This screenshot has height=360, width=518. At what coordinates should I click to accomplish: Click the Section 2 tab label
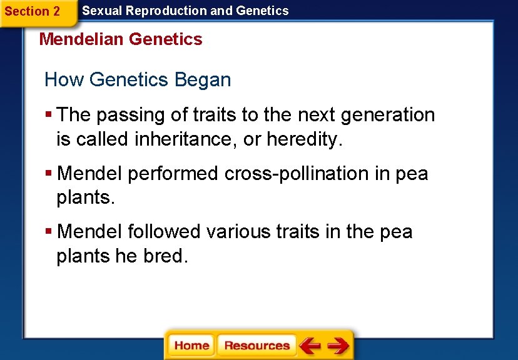[x=33, y=11]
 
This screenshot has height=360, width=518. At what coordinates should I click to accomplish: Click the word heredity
[x=305, y=139]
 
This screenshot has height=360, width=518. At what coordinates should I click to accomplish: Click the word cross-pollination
[x=298, y=174]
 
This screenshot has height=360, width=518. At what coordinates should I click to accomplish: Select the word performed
[x=174, y=174]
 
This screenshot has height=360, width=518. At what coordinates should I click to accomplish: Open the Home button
[x=191, y=346]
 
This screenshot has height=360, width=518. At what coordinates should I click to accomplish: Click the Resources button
[x=256, y=346]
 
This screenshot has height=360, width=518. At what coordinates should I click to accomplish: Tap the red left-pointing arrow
[x=310, y=346]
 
